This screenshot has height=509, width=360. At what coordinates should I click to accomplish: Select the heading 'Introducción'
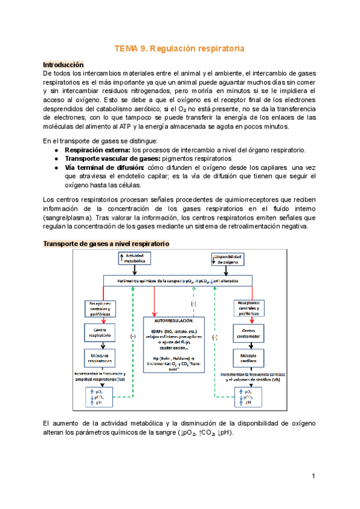click(x=63, y=64)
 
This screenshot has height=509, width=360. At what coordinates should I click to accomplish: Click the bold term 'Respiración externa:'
click(x=97, y=149)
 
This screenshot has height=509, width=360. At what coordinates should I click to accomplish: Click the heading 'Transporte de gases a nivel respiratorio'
click(x=106, y=244)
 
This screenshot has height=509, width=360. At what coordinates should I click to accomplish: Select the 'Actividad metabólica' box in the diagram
click(x=135, y=259)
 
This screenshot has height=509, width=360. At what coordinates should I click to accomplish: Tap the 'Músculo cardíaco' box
click(x=248, y=358)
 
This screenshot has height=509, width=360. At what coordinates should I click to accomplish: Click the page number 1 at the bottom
click(x=313, y=476)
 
